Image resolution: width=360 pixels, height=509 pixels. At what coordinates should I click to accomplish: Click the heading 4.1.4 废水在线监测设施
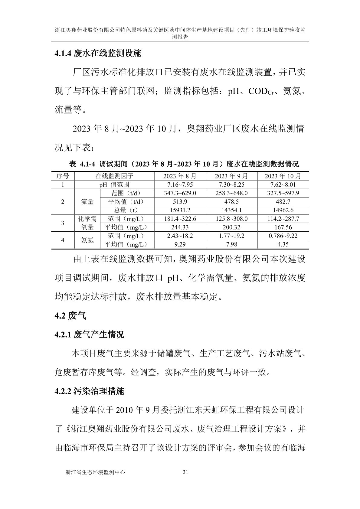[x=98, y=54]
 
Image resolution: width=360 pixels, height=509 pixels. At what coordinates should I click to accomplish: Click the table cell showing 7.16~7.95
[x=180, y=184]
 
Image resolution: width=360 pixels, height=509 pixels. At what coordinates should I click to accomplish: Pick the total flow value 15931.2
[x=180, y=210]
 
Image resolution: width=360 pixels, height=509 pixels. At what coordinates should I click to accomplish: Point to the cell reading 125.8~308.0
[x=231, y=219]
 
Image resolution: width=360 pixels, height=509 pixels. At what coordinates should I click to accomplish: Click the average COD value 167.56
[x=283, y=227]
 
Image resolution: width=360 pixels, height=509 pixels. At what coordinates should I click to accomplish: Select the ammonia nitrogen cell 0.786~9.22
[x=283, y=236]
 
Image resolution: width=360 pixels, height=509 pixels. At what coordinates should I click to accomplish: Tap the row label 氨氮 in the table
[x=87, y=240]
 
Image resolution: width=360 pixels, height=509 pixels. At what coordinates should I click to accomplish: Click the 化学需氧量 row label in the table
[x=87, y=223]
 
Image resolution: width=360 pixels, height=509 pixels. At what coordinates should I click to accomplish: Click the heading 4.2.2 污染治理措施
[x=89, y=391]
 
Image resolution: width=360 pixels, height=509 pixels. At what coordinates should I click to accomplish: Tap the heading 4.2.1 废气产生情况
[x=89, y=334]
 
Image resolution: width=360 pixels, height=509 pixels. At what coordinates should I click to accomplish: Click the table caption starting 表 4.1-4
[x=184, y=164]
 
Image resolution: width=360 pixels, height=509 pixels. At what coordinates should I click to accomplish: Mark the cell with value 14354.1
[x=231, y=210]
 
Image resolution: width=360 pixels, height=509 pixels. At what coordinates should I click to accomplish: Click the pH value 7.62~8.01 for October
[x=283, y=184]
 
